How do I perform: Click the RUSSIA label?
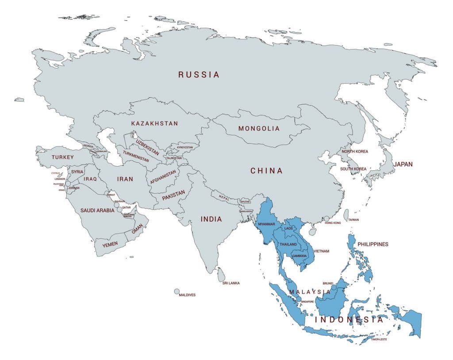(x=199, y=75)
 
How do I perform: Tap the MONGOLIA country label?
(x=259, y=129)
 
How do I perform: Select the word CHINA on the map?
(x=266, y=171)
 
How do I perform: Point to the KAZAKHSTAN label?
(x=154, y=123)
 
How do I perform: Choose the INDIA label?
(x=211, y=219)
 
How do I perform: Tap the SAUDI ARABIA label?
(x=97, y=211)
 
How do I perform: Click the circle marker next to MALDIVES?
(x=177, y=291)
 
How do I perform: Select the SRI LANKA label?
(x=231, y=283)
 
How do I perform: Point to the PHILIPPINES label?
(x=372, y=244)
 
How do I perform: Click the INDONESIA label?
(x=349, y=319)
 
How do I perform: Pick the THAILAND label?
(x=288, y=245)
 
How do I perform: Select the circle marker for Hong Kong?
(x=326, y=218)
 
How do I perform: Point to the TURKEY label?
(x=62, y=157)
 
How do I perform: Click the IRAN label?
(x=125, y=180)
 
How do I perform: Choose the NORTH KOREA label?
(x=354, y=152)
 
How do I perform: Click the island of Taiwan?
(x=346, y=215)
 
